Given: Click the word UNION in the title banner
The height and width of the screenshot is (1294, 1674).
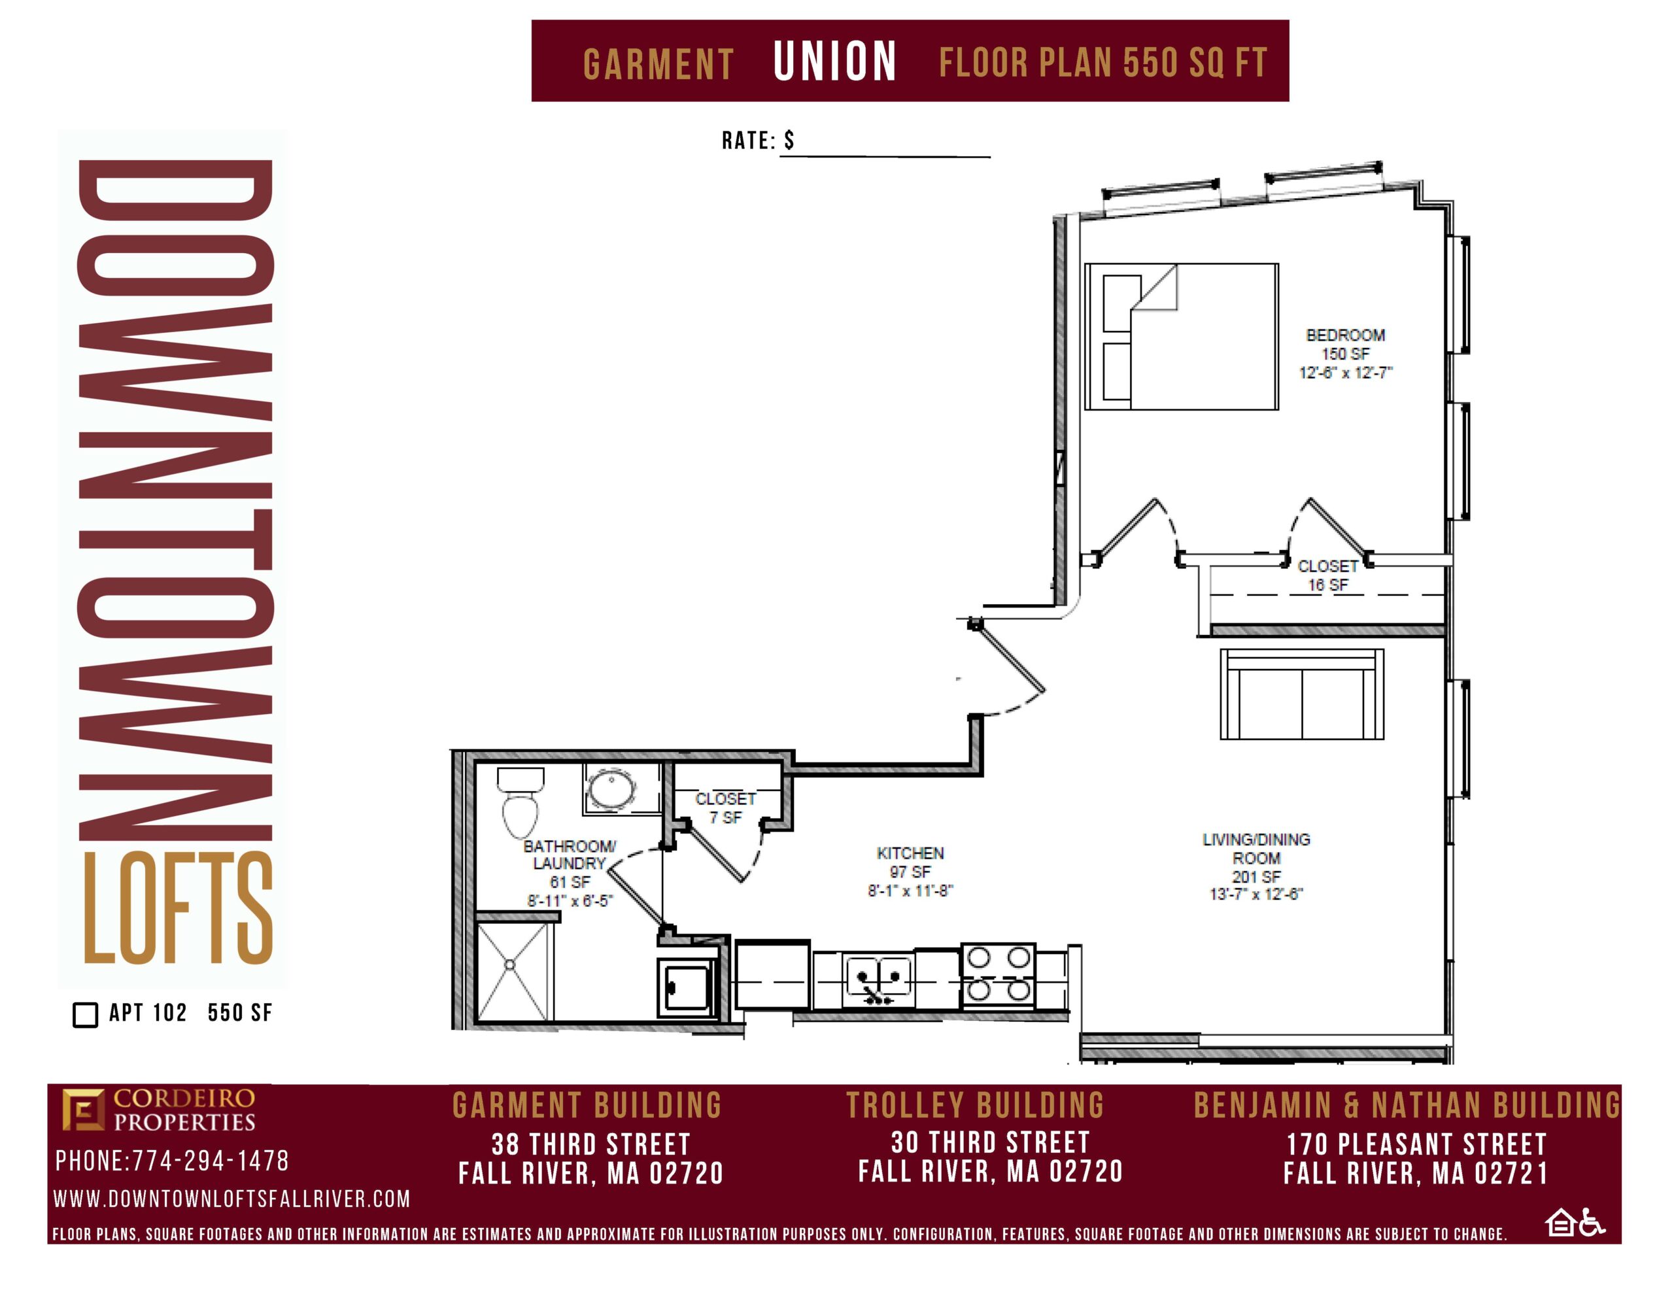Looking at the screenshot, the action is pos(834,61).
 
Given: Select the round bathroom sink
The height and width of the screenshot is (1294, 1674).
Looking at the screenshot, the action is pos(611,789).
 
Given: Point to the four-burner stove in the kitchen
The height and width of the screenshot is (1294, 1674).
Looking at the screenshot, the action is pos(998,974).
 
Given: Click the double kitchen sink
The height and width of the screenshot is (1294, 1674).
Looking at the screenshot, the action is pos(878,979).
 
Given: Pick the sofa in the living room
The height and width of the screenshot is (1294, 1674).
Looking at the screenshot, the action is pos(1301,694).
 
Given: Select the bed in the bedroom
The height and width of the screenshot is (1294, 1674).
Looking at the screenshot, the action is pos(1181,337).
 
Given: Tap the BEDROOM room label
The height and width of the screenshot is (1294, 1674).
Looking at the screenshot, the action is pos(1345,335).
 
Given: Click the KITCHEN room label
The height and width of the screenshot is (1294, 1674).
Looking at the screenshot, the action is pos(910,853).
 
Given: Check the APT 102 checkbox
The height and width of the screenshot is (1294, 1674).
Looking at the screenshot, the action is pos(85,1014).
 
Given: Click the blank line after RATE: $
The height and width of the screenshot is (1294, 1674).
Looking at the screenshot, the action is pos(885,156).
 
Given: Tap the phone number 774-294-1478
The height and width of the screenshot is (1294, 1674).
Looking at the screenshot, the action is pos(211,1161).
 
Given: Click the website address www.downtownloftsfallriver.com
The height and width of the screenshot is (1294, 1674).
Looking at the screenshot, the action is pos(231,1199).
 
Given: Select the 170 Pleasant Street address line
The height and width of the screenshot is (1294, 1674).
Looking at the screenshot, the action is pos(1416,1144).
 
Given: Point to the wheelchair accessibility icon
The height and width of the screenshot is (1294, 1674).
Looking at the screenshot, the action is pos(1592,1223).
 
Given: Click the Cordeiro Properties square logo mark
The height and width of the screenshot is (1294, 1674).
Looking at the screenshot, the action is pos(83,1109).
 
